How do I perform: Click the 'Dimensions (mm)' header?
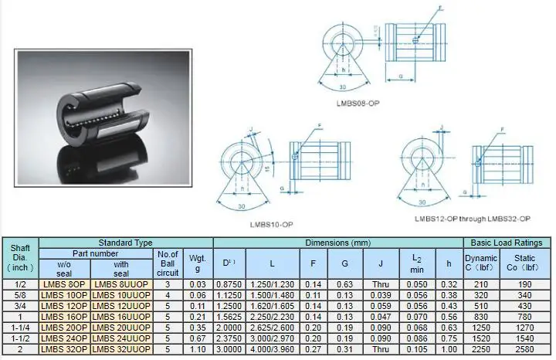coord(337,243)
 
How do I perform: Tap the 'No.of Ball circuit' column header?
coord(168,263)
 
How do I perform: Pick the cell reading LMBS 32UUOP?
coord(121,348)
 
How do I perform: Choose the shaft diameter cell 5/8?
coord(19,294)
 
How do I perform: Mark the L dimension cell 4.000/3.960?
coord(273,348)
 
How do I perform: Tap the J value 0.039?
coord(381,294)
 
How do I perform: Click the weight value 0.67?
coord(197,338)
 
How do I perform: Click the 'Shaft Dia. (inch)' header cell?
coord(19,257)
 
